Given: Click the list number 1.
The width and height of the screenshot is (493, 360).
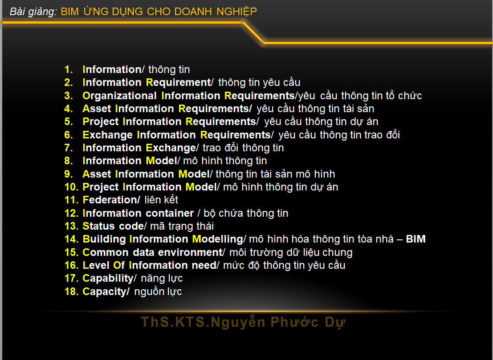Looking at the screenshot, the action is coord(68,69).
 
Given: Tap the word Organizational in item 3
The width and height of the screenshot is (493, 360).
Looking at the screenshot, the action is coord(119,96).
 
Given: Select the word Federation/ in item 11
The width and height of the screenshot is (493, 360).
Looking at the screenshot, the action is coord(111,200).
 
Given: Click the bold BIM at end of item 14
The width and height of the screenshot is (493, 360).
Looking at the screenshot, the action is coord(416,239).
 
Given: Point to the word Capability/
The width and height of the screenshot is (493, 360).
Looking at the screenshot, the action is coord(110,279).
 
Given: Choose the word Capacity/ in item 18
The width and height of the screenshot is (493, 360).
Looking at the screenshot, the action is coord(106,292).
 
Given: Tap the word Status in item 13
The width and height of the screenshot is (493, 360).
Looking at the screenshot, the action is coord(99,226).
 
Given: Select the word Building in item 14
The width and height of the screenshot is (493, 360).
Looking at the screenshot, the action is coord(104,239).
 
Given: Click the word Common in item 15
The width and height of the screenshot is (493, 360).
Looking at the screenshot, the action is coord(106,252).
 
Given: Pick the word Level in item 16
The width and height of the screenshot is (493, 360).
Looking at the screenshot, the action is coord(96,266).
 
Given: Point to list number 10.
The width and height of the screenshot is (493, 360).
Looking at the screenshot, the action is coord(71,187).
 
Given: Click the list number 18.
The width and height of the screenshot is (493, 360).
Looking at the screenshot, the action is coord(71,292).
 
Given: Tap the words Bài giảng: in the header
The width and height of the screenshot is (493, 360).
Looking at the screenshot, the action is coord(33,12).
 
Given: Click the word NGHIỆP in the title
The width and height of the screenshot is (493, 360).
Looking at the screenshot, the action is coord(236,12).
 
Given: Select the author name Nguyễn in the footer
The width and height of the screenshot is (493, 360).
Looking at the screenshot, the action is coord(238,322).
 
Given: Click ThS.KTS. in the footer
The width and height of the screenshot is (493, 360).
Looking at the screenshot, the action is coord(175,322).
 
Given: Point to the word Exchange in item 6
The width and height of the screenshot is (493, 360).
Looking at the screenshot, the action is coord(107,135).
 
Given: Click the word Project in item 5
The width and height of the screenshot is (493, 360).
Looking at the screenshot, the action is coord(101,122).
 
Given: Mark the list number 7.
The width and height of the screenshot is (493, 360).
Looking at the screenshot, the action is coord(68,148).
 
